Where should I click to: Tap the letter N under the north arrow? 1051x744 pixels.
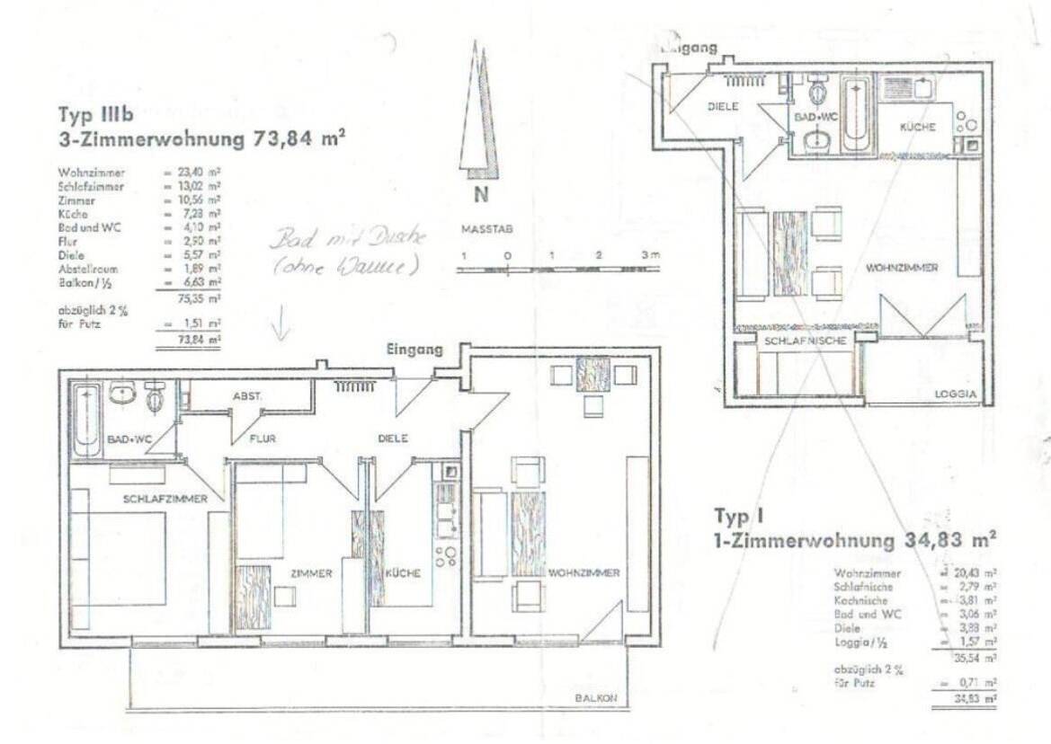481,196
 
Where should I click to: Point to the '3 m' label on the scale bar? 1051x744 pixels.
650,255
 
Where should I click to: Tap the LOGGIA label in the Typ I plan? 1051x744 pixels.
956,394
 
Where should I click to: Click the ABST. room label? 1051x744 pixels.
246,395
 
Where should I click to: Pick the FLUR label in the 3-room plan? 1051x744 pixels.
263,439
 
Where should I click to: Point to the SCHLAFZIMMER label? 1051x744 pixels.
165,499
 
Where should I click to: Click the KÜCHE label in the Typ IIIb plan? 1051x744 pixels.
403,573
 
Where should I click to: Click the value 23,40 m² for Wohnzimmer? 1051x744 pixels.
203,173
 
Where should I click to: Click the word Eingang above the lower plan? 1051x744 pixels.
414,350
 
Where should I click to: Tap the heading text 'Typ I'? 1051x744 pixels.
739,516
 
